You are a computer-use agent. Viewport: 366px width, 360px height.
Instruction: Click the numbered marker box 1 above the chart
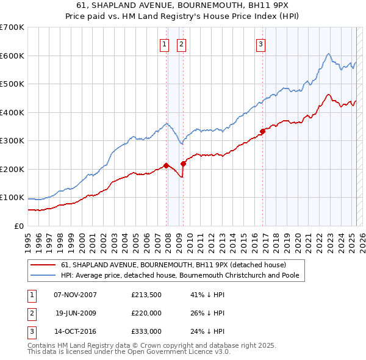[165, 43]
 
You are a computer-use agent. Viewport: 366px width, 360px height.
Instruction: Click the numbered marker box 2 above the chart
[182, 43]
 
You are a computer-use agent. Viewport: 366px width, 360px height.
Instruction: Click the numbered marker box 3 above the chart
[260, 43]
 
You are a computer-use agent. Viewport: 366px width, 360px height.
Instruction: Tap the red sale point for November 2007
[166, 165]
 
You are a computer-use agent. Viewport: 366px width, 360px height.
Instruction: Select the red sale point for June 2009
[183, 164]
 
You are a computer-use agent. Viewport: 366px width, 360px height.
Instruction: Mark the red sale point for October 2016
[262, 131]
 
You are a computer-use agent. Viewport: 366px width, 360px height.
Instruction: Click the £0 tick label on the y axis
[19, 226]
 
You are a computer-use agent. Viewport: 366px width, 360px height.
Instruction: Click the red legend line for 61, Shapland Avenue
[43, 265]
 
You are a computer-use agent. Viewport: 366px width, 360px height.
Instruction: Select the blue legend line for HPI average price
[43, 275]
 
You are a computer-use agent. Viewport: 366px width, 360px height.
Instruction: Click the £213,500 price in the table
[146, 294]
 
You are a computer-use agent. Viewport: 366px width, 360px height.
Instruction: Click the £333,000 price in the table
[146, 332]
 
